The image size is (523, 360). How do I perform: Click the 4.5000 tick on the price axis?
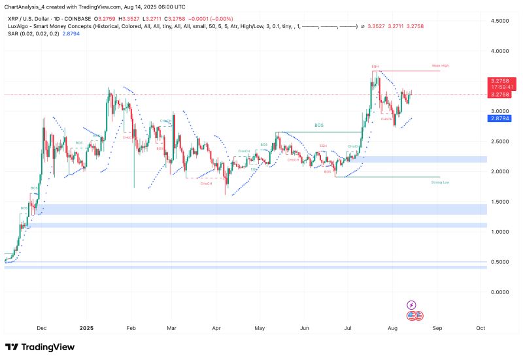[x=500, y=21]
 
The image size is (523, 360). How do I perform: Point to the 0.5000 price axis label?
[x=500, y=262]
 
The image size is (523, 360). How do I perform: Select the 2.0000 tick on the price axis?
[x=500, y=171]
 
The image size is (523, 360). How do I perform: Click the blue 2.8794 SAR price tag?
[x=499, y=119]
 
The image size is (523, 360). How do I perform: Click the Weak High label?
[x=440, y=66]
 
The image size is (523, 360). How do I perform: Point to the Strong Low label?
[x=440, y=182]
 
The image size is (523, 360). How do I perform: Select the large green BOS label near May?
[x=318, y=125]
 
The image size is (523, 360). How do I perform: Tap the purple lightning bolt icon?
[x=412, y=304]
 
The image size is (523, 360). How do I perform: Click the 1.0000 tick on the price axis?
[x=500, y=232]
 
